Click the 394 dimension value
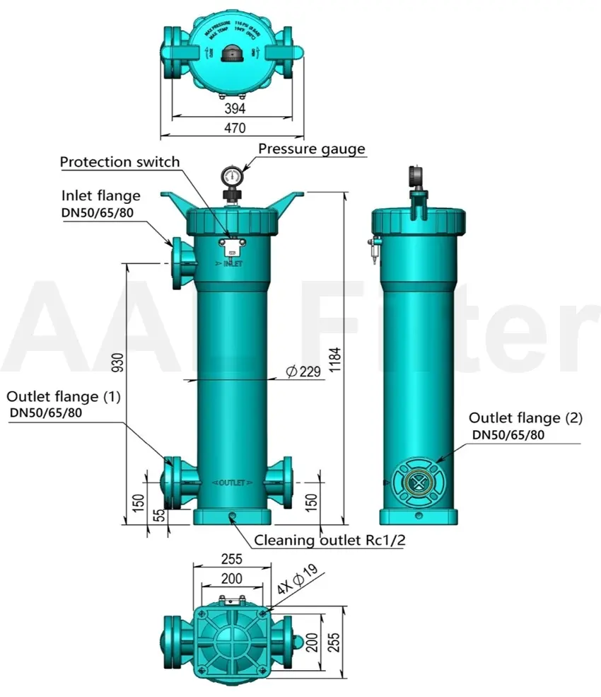[235, 108]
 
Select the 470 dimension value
[235, 128]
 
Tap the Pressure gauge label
[311, 149]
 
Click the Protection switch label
[119, 162]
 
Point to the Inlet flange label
[100, 195]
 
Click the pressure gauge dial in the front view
[231, 174]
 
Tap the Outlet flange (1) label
[64, 397]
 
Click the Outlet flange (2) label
[525, 418]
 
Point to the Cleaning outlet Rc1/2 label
[329, 541]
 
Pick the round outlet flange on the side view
[421, 482]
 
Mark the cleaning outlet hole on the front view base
[231, 517]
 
